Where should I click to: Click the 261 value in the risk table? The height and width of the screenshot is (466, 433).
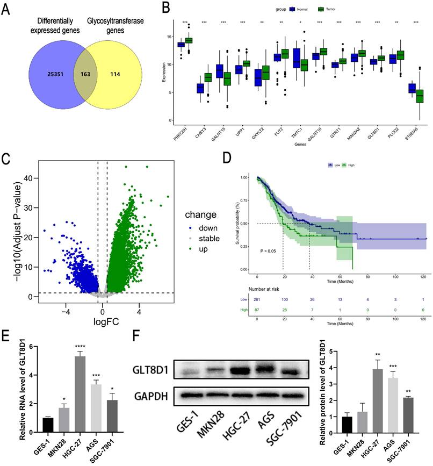point(257,300)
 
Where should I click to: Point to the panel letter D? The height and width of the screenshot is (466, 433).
point(227,159)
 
